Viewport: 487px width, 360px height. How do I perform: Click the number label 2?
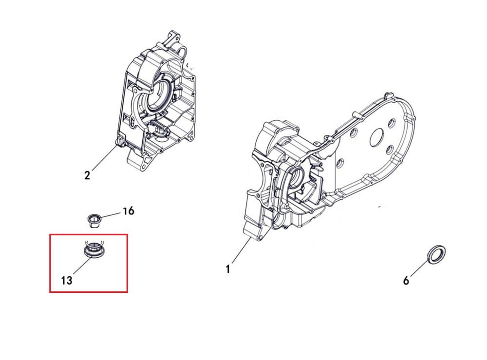point(87,175)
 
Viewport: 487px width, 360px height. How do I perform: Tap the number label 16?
point(128,211)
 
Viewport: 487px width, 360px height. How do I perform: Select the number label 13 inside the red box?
point(66,281)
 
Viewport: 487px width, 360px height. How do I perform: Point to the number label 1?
point(228,269)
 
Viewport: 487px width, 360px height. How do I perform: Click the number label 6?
point(406,281)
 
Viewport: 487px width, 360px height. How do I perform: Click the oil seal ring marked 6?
point(437,254)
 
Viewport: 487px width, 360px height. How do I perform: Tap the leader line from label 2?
point(104,157)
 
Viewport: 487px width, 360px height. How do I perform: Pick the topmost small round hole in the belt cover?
point(392,124)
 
